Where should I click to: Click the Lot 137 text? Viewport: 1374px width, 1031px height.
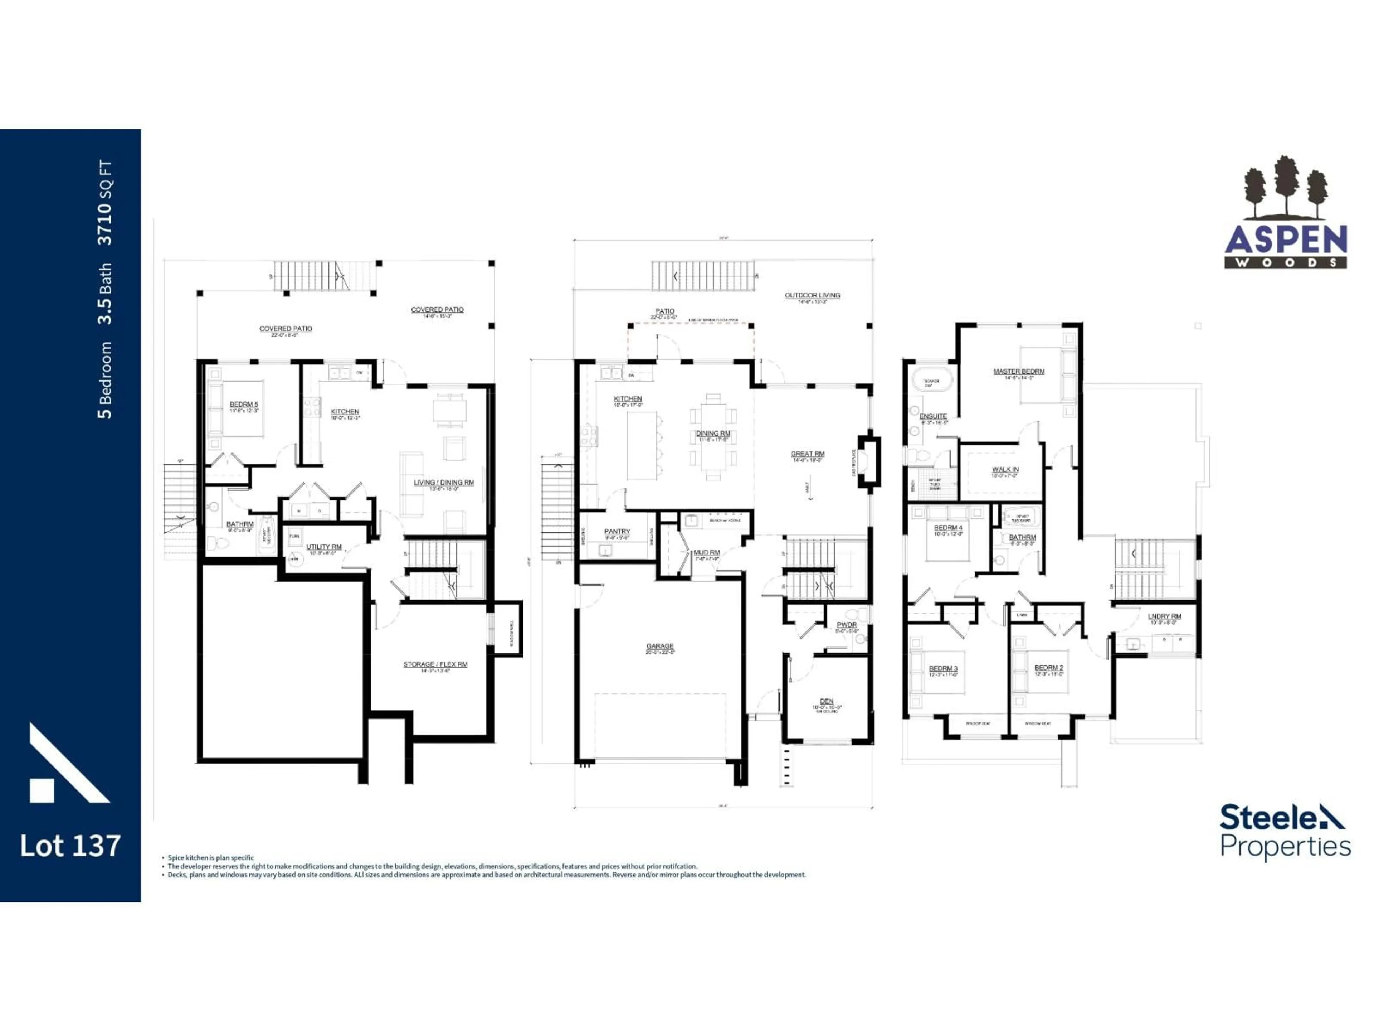(x=70, y=846)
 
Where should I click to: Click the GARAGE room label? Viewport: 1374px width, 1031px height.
(x=660, y=646)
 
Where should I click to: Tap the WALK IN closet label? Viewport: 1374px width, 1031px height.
(x=1005, y=470)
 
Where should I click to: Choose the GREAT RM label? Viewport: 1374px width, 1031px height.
(x=808, y=454)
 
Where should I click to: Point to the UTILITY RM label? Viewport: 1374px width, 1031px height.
(x=323, y=547)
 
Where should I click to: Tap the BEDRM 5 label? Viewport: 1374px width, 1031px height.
(x=244, y=405)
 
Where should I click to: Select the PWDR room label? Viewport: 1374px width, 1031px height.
(x=847, y=625)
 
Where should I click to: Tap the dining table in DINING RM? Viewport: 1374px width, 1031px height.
(x=713, y=437)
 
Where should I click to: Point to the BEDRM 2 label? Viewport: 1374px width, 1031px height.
(x=1048, y=668)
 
